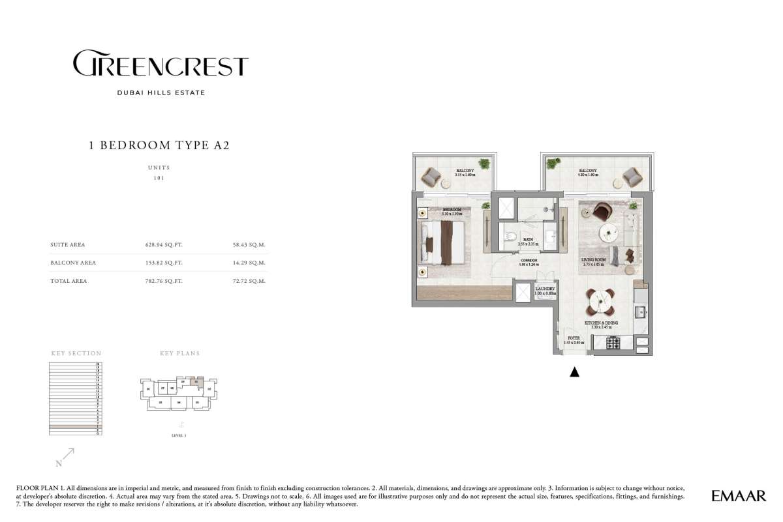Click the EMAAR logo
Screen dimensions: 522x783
pos(739,497)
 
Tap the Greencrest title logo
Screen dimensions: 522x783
pos(160,66)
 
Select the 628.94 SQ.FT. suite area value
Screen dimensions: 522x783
pos(163,245)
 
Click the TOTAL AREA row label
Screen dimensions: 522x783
pos(69,281)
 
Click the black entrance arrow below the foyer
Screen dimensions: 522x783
pos(574,372)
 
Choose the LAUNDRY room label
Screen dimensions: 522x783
pos(545,289)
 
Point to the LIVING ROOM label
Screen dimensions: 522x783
pos(594,259)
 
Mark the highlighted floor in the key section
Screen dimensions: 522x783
pos(75,427)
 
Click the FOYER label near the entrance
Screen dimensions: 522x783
pos(574,338)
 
